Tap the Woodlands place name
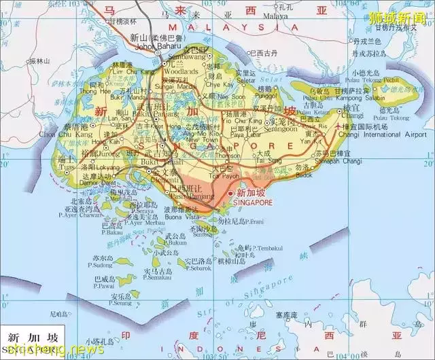coord(180,71)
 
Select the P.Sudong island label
coord(98,264)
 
